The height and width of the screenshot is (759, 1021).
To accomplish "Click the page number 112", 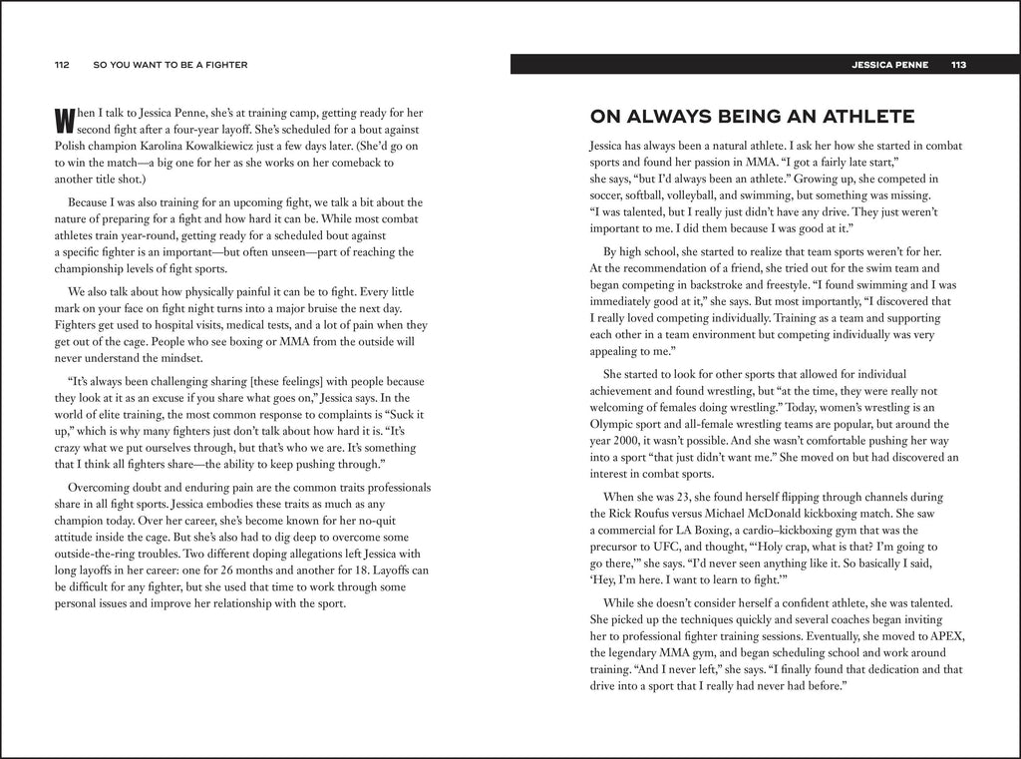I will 61,65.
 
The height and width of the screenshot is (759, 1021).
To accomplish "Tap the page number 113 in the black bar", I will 959,65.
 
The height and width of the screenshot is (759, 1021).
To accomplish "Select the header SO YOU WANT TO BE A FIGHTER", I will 170,65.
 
